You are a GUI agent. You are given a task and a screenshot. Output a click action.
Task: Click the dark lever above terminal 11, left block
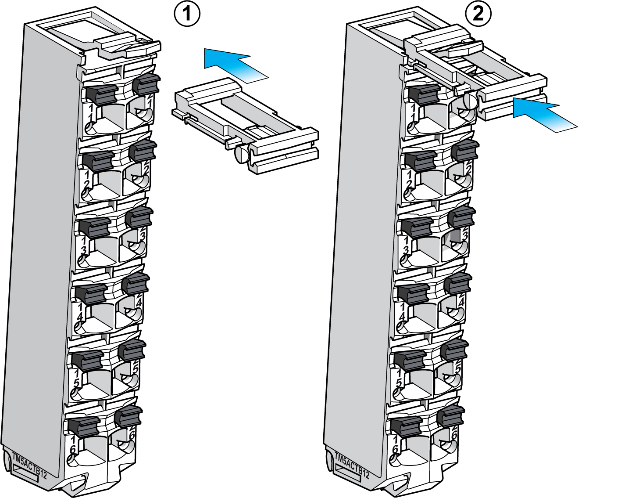(x=101, y=94)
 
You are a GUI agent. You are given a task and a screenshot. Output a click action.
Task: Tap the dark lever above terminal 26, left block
(x=128, y=415)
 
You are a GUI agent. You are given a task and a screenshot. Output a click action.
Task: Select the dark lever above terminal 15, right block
(x=410, y=359)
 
